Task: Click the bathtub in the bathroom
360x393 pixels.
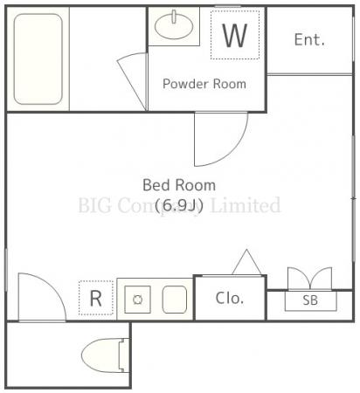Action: pos(38,59)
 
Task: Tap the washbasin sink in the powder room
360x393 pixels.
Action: pos(174,26)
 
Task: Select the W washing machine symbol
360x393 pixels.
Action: pos(235,35)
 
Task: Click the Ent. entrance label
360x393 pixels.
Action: pos(309,39)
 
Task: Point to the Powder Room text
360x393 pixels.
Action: pos(204,84)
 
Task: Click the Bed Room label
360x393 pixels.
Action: pos(179,185)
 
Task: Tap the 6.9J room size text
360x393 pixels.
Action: pos(179,206)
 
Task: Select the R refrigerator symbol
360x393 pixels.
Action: pos(96,298)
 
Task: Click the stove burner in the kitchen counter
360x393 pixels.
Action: pos(137,300)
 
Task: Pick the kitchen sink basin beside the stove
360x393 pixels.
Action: pos(175,300)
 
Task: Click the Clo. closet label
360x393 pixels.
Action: pos(230,299)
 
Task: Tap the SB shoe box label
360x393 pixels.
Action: pos(310,300)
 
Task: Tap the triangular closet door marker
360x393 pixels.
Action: pos(246,262)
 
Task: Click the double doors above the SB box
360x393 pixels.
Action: pos(310,279)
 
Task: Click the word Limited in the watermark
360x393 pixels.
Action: pos(246,205)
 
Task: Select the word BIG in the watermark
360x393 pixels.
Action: pos(94,205)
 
